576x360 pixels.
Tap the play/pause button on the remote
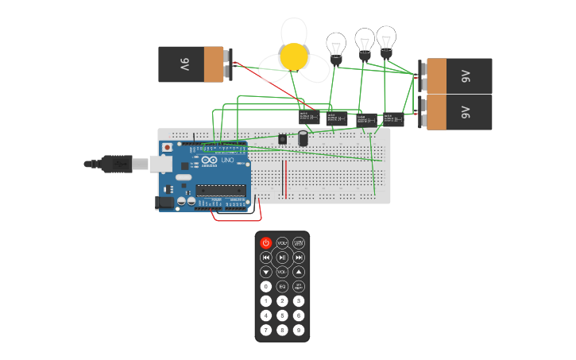point(282,257)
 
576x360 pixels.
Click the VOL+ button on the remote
point(282,243)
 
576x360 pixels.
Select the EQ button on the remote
point(282,286)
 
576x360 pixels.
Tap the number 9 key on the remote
point(299,330)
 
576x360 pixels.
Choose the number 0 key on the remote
point(265,286)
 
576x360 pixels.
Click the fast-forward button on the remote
point(299,257)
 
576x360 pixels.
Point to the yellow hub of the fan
point(295,56)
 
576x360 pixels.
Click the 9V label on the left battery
point(184,64)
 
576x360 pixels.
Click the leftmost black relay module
point(309,117)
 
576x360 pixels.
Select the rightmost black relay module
point(394,119)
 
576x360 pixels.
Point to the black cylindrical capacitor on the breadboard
point(303,138)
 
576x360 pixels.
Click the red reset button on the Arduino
point(167,148)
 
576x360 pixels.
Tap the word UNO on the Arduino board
point(227,160)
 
